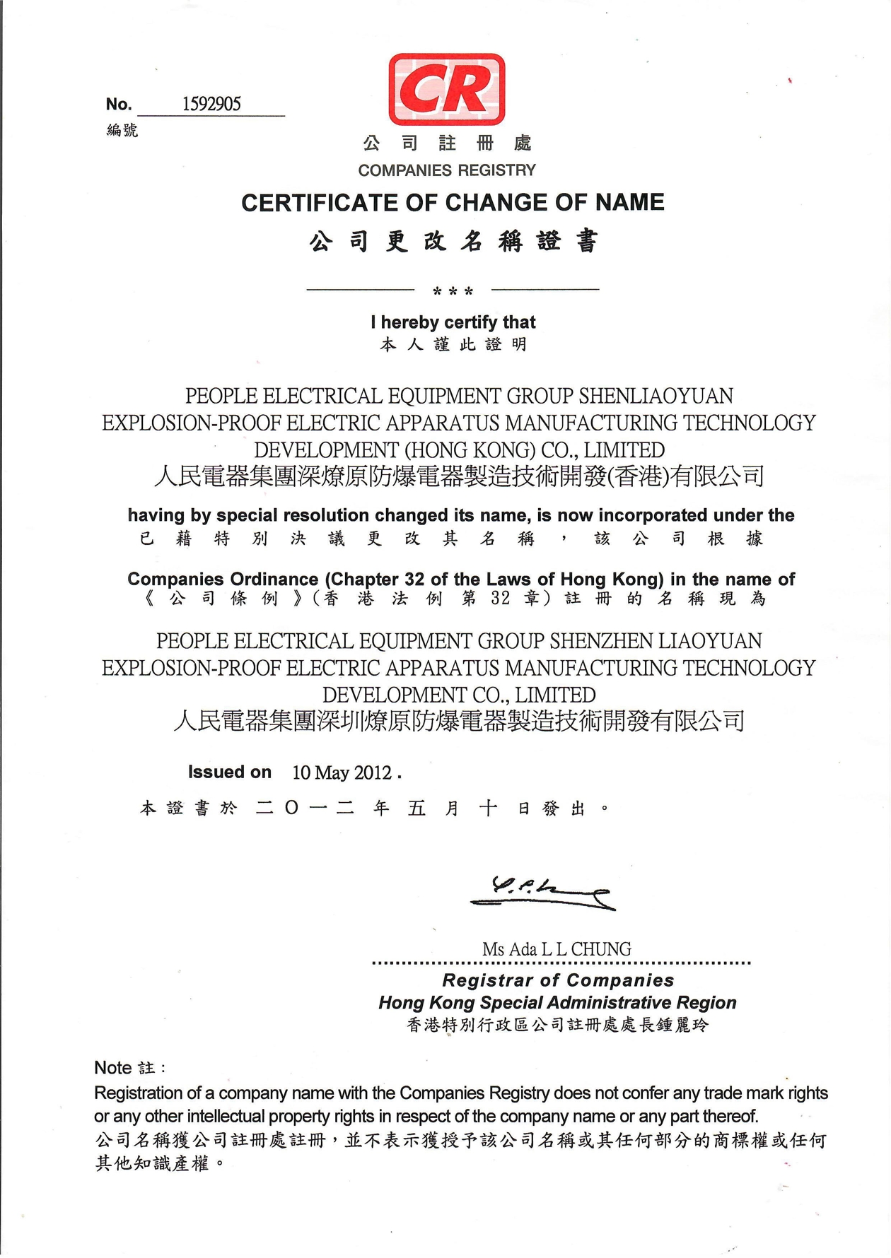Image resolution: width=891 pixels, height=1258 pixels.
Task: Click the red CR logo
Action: coord(447,90)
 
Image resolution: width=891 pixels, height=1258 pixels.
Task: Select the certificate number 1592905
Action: coord(211,105)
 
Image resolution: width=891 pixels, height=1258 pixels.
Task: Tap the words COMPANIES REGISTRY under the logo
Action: coord(447,170)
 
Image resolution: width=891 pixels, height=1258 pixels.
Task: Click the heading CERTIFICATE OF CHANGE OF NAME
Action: coord(453,203)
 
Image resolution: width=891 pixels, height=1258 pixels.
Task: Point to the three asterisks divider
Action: coord(453,290)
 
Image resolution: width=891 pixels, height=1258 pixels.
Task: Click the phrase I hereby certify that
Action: coord(453,322)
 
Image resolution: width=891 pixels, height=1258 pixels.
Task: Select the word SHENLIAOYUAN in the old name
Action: coord(656,396)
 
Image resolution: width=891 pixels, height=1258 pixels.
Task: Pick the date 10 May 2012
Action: coord(342,772)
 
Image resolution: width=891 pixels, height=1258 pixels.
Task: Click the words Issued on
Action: coord(229,772)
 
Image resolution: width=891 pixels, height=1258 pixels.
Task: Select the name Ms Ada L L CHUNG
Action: coord(557,949)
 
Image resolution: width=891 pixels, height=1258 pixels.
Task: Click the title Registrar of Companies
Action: coord(558,980)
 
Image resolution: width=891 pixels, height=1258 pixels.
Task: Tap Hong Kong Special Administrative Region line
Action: coord(557,1002)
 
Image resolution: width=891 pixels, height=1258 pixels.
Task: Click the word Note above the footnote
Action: coord(113,1067)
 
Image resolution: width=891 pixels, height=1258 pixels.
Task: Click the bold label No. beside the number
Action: coord(119,105)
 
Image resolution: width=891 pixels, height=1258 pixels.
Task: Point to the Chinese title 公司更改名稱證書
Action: coord(453,242)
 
